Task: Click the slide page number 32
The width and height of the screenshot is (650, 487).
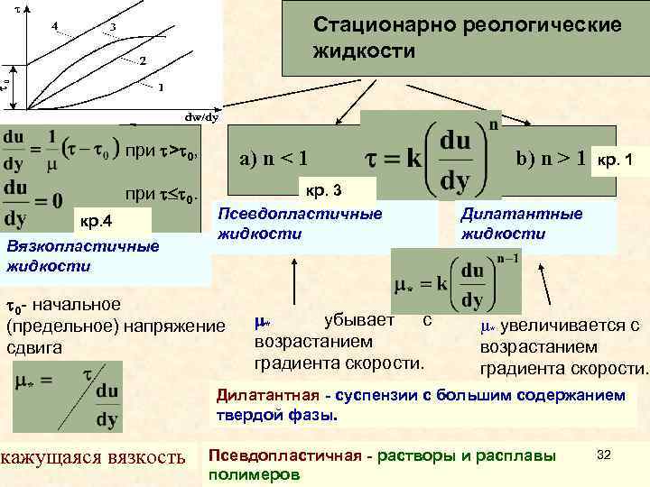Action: point(606,455)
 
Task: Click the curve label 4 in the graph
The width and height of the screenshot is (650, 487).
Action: point(56,25)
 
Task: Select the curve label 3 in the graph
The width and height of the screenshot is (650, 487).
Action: point(112,28)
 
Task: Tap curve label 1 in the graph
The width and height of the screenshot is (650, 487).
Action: point(161,87)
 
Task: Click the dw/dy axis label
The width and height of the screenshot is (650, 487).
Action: point(201,116)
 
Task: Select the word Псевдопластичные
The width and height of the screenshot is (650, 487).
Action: point(299,214)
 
